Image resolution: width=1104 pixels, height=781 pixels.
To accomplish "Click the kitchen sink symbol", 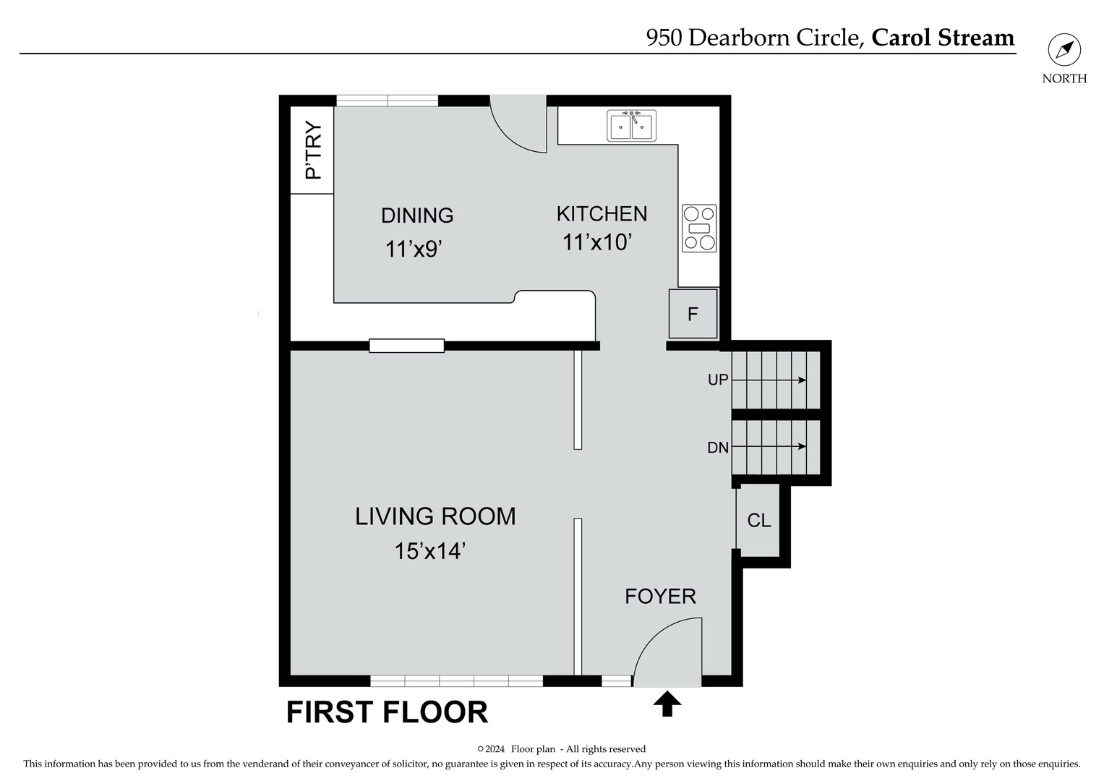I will [x=631, y=125].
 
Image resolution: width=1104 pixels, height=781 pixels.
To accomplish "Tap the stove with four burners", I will [x=699, y=229].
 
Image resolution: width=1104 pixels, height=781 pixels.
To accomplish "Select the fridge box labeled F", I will [x=693, y=314].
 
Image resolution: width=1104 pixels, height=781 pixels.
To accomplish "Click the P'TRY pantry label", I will [x=313, y=150].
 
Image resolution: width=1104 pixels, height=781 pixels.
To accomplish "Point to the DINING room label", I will [x=417, y=215].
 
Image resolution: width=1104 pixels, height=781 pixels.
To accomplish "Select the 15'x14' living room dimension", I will [x=429, y=551].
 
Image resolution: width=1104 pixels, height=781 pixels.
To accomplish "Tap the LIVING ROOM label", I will [x=435, y=516].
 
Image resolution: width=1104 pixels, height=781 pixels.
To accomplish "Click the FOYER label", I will [x=660, y=596].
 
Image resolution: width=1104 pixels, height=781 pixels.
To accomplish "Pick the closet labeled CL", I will [x=758, y=520].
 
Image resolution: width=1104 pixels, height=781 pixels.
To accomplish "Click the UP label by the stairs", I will [x=717, y=380].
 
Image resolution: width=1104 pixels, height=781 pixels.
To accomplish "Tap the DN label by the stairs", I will [x=717, y=448].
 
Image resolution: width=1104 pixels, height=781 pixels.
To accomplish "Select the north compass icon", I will [x=1064, y=51].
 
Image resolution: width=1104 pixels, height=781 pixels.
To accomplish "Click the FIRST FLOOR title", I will [x=387, y=712].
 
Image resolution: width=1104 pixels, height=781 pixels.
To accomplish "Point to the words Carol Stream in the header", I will [x=943, y=38].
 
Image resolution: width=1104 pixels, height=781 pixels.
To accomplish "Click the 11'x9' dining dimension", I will [x=413, y=249].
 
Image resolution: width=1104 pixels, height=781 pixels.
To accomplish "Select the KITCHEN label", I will [x=602, y=213].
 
